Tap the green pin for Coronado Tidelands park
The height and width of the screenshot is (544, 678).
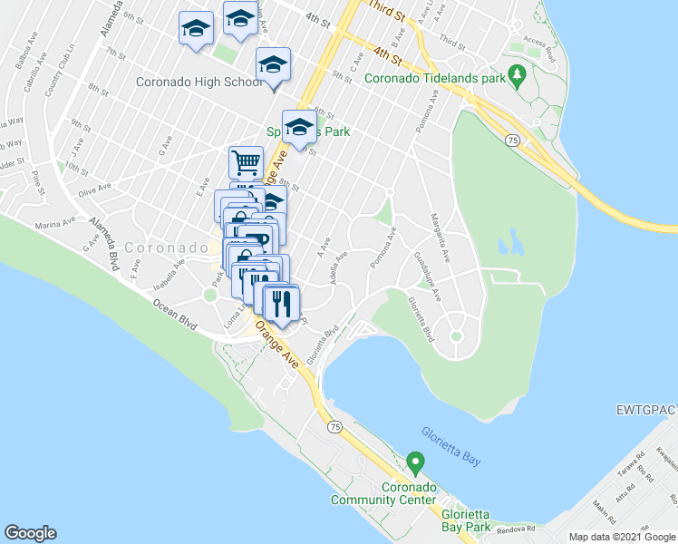518,73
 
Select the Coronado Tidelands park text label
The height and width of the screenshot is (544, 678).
434,78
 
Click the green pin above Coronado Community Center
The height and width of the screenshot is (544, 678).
415,462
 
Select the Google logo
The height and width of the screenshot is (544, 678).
30,533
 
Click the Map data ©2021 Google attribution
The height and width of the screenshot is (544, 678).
622,537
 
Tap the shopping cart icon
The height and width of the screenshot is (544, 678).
246,163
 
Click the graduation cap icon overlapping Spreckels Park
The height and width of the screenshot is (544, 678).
299,127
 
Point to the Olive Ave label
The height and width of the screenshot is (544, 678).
94,192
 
